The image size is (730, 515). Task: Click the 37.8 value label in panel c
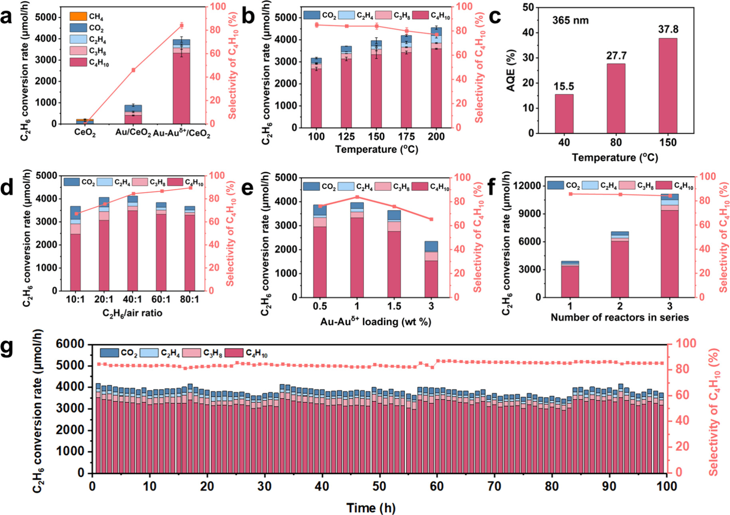pyautogui.click(x=668, y=30)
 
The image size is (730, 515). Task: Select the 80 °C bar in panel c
pyautogui.click(x=616, y=98)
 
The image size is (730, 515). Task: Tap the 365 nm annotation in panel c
pyautogui.click(x=570, y=20)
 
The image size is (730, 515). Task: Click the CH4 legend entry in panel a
pyautogui.click(x=88, y=16)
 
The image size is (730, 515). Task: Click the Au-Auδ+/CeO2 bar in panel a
pyautogui.click(x=182, y=84)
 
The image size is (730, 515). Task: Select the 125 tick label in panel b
pyautogui.click(x=346, y=137)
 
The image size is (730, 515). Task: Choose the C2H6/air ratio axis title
pyautogui.click(x=132, y=313)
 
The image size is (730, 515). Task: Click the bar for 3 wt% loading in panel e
pyautogui.click(x=431, y=271)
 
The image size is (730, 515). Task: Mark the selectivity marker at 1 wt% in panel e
pyautogui.click(x=357, y=197)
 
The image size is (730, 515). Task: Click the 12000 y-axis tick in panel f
pyautogui.click(x=529, y=186)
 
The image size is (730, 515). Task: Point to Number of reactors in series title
pyautogui.click(x=619, y=318)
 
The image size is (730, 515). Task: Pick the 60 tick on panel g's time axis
pyautogui.click(x=437, y=487)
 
